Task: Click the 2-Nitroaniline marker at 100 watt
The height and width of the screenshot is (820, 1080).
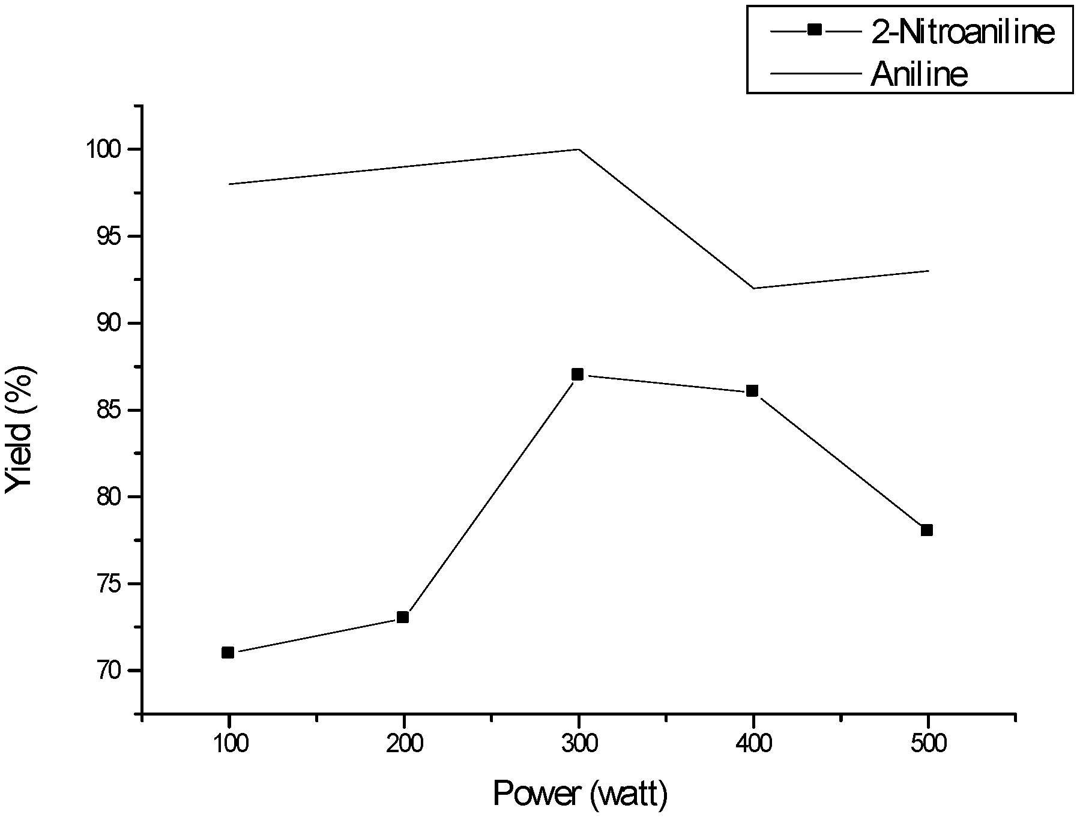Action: point(228,653)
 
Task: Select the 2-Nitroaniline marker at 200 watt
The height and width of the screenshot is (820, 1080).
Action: point(403,617)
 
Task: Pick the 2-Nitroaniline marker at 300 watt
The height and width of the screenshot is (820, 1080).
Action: point(578,375)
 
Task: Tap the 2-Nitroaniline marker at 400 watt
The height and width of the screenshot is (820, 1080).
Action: point(752,391)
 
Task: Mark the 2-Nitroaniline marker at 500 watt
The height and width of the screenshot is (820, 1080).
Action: point(927,530)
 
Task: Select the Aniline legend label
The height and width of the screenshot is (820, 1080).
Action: point(920,74)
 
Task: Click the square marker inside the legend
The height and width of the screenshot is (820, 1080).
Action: point(815,29)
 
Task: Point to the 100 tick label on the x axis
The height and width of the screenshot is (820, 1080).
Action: point(228,745)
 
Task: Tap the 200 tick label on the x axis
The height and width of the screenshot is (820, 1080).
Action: point(403,745)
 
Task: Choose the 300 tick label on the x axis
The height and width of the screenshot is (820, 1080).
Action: point(578,745)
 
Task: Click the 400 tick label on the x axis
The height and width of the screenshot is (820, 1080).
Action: point(753,745)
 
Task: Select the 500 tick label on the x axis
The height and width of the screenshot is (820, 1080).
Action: point(928,745)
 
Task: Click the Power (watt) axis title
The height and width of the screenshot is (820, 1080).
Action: point(580,795)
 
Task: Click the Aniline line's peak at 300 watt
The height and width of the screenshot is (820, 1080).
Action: point(578,149)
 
